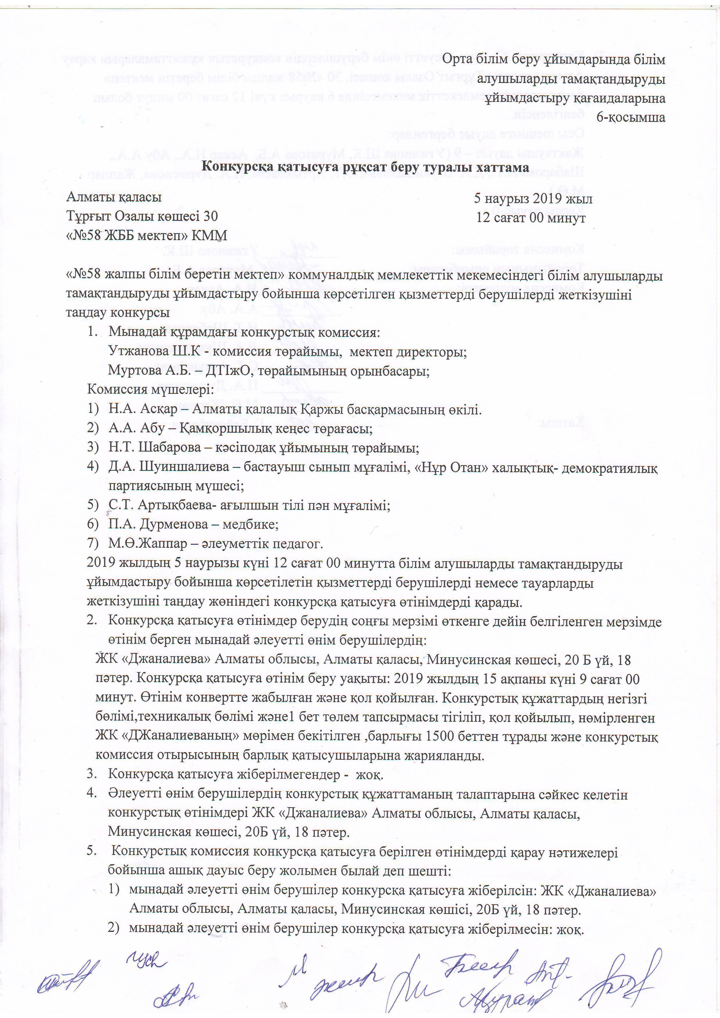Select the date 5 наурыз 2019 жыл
click(x=533, y=198)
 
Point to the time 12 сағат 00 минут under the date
click(x=531, y=218)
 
